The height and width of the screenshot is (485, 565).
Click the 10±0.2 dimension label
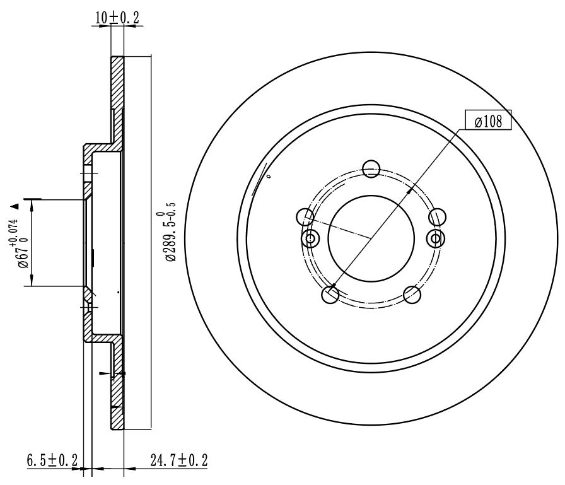coord(117,17)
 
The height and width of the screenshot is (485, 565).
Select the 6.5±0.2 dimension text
coord(52,460)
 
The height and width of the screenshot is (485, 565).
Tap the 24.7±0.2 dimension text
coord(178,460)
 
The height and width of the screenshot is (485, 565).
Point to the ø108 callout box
coord(488,120)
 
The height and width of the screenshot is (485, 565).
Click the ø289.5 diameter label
coord(170,231)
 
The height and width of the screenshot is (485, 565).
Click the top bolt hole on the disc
coord(371,169)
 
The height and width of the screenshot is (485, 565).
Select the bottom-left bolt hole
coord(330,295)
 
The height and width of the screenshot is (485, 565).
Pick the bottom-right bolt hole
coord(412,295)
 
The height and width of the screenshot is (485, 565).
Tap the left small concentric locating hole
coord(310,238)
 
